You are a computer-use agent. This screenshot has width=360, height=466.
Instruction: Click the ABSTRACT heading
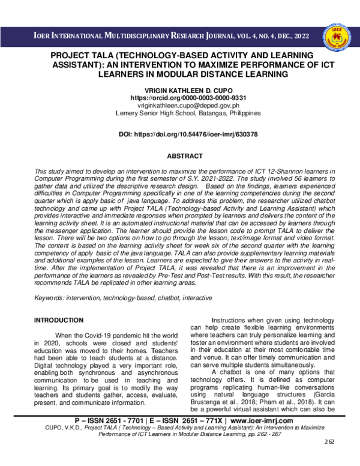(184, 155)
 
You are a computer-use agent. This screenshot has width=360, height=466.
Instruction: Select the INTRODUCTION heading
(58, 321)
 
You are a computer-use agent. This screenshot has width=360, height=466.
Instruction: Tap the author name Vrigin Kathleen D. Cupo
(184, 88)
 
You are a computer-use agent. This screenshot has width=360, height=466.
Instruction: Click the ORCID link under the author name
(184, 97)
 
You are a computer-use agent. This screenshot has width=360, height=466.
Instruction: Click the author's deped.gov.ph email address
(184, 104)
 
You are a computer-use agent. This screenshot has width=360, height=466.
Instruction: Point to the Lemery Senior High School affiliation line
(184, 112)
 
